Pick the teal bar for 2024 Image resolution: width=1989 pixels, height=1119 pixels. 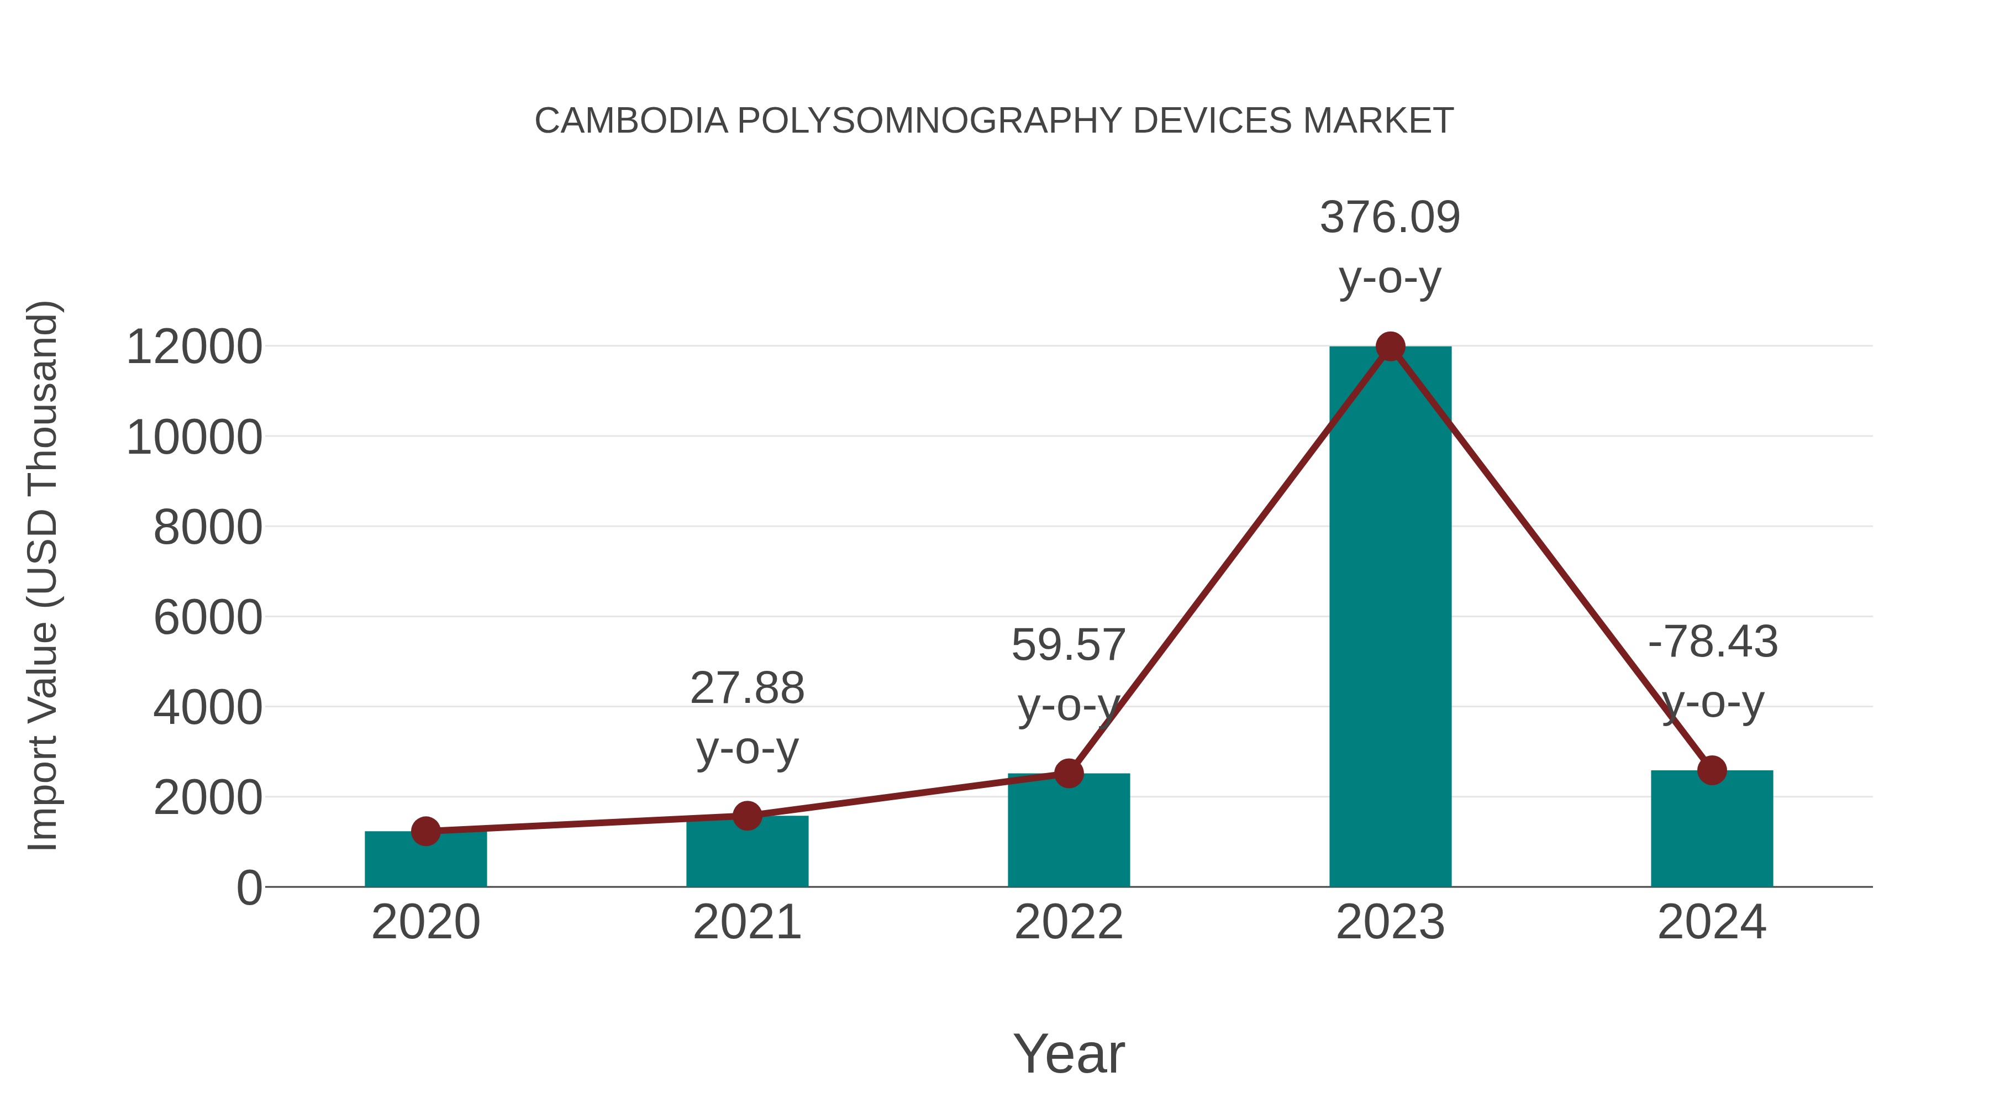point(1712,830)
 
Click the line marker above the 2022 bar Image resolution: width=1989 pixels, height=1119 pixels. point(1069,773)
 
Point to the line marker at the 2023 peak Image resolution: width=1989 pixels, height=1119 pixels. point(1390,346)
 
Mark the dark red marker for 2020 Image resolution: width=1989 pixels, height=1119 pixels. point(425,832)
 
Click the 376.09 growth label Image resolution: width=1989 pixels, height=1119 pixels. point(1390,217)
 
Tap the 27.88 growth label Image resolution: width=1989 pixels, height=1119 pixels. point(746,687)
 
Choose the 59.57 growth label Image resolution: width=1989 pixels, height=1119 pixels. point(1069,645)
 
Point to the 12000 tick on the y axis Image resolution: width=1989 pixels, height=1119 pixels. point(194,346)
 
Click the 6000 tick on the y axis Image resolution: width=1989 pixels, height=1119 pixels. point(208,618)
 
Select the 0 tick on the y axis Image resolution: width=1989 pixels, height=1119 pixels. point(249,888)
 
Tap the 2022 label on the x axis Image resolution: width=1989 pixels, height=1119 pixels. point(1069,922)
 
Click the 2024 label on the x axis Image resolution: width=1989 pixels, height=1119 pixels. point(1712,922)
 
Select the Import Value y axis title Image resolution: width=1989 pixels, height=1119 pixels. point(43,575)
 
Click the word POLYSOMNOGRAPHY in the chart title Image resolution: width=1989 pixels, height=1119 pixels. point(930,121)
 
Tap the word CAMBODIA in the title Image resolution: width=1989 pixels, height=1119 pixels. point(631,121)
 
